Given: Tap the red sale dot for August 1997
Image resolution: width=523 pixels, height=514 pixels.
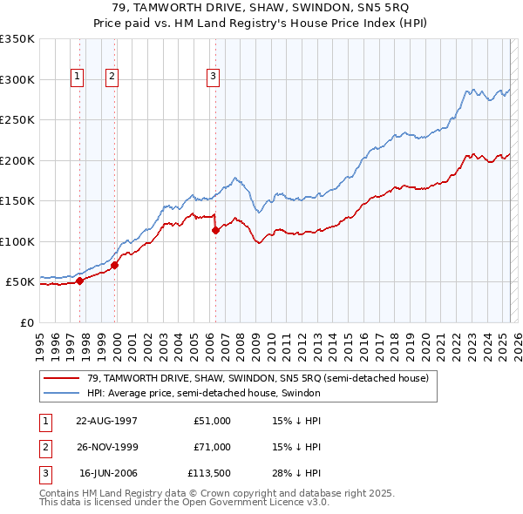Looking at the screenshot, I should coord(79,281).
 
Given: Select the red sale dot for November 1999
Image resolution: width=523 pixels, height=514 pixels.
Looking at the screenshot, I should coord(114,265).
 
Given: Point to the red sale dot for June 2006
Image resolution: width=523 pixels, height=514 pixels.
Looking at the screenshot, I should coord(215,231).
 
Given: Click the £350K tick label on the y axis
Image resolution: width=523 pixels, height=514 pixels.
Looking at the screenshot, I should coord(17,39).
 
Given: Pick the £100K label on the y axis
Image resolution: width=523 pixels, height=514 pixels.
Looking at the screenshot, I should coord(17,241).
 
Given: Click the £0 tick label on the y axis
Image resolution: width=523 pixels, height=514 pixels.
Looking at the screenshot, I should coord(26,322).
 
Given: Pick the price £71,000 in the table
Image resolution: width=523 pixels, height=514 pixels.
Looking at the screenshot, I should coord(213,447).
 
